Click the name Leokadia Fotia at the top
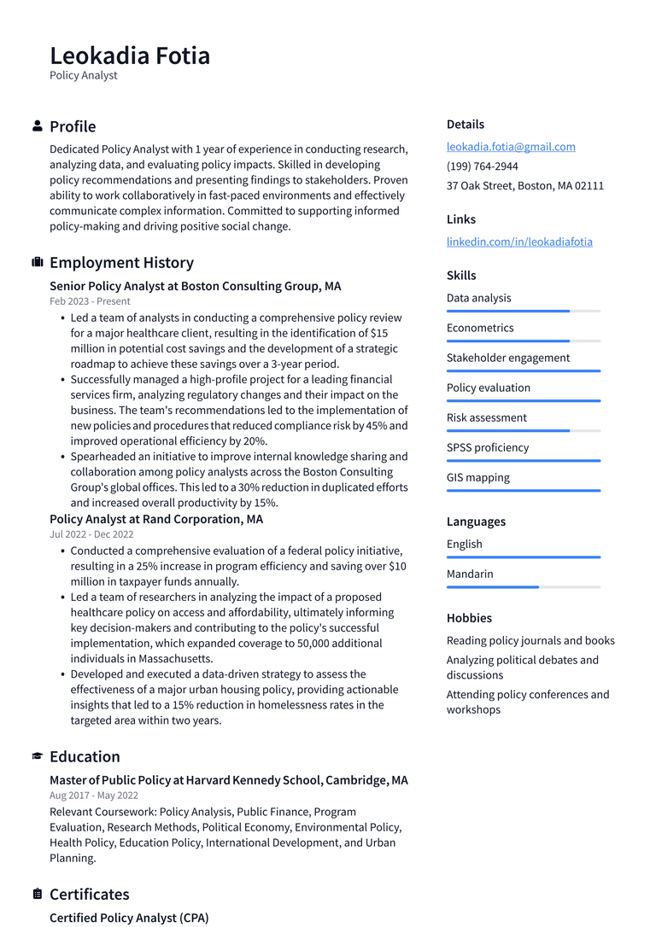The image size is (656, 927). pos(130,55)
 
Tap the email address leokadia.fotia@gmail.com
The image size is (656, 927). pos(511,147)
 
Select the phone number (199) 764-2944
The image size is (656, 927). pos(482,166)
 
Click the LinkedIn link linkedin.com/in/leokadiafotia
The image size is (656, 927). pos(519,242)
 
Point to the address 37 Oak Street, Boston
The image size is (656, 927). pos(524,186)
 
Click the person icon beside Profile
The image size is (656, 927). pos(38,126)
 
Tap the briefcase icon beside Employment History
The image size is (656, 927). pos(38,263)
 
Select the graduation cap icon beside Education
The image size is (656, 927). pos(38,757)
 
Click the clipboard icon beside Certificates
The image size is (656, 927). pos(38,895)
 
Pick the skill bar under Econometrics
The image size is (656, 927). pos(523,341)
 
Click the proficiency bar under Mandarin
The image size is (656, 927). pos(523,587)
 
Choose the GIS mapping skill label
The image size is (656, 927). pos(477,478)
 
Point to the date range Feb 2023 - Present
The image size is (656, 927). pos(90,301)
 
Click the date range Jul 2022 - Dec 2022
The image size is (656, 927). pos(91,534)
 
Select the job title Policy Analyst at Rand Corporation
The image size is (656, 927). pos(156,519)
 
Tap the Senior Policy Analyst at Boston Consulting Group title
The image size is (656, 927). pos(195,287)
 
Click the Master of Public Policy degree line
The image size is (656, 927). pos(228,780)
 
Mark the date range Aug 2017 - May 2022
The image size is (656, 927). pos(93,796)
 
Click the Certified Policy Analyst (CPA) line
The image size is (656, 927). pos(129,918)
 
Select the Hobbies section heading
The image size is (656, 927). pos(469,618)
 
